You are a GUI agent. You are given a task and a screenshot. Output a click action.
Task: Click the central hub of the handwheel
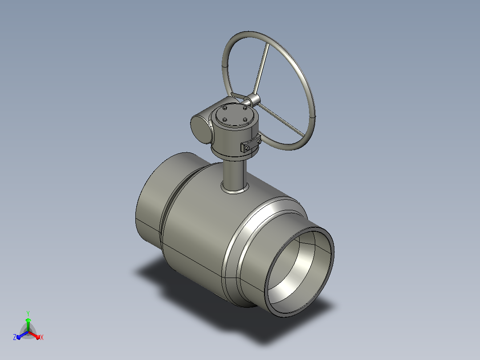click(253, 99)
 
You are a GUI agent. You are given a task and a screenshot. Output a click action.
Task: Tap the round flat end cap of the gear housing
click(201, 129)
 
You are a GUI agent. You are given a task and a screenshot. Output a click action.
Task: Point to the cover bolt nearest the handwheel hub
click(245, 108)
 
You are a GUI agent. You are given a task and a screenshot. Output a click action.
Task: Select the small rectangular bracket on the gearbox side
click(251, 144)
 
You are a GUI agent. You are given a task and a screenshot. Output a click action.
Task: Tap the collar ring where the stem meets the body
click(235, 189)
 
